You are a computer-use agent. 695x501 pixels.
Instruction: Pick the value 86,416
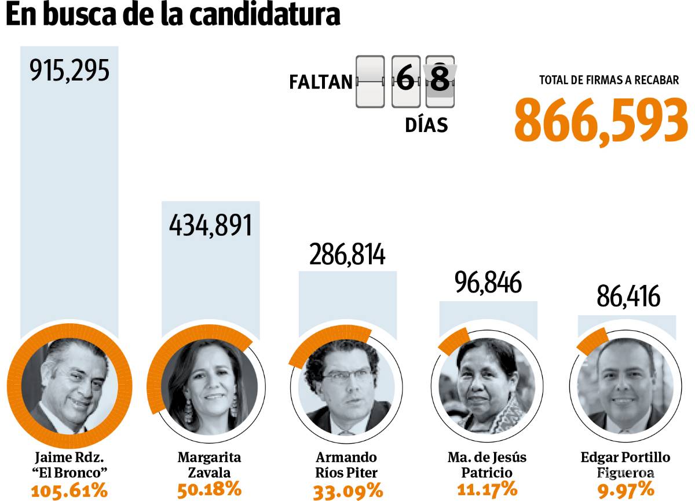pos(628,297)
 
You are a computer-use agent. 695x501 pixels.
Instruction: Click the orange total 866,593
pos(601,120)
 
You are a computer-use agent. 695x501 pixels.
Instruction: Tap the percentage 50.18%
pos(209,489)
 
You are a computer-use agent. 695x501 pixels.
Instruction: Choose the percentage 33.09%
pos(348,491)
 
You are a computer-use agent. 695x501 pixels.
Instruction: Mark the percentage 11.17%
pos(487,489)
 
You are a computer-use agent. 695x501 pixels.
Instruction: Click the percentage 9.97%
pos(626,489)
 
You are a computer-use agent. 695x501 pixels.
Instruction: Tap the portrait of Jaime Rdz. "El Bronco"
pos(65,388)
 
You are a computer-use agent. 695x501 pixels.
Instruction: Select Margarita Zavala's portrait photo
pos(209,388)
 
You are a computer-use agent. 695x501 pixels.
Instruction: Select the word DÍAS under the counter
pos(426,125)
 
